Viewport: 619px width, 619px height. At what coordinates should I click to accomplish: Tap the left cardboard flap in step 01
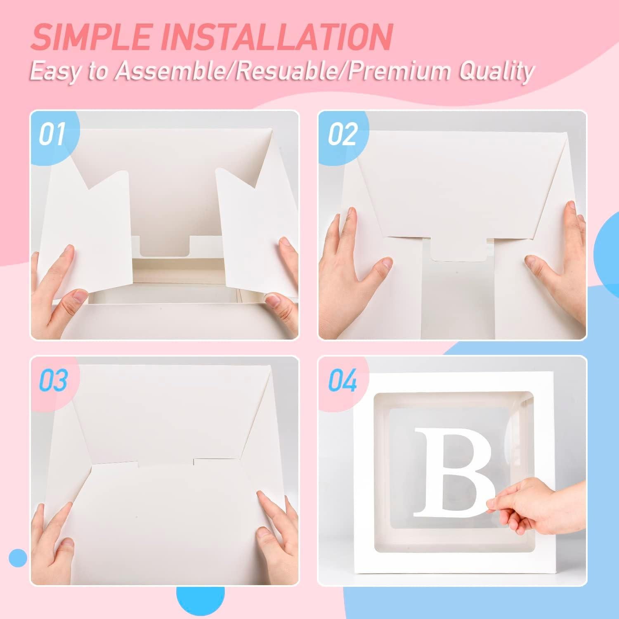(91, 231)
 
